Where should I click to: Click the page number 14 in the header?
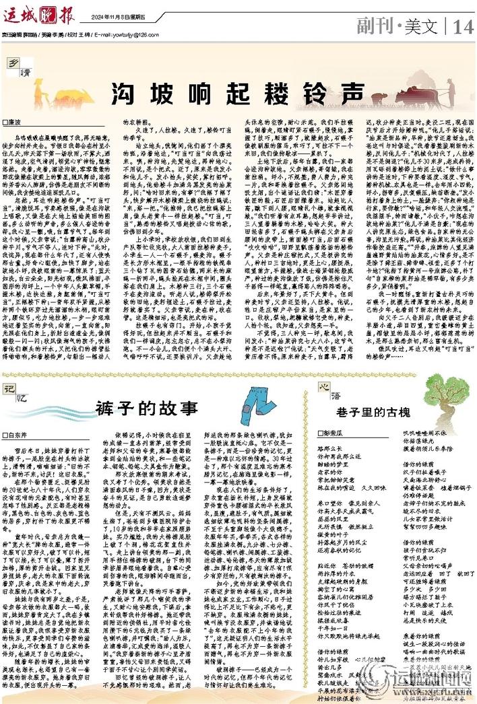pos(464,26)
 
